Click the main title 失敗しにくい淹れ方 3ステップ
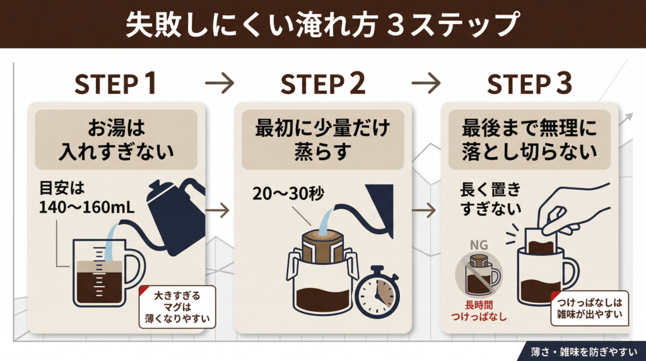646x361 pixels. click(322, 24)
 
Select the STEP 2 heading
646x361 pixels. click(321, 84)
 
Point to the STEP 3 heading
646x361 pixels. click(529, 84)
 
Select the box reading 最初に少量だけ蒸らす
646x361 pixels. click(322, 140)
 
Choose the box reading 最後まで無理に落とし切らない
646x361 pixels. click(529, 140)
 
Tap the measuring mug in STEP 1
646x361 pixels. click(104, 273)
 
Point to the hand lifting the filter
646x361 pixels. click(571, 211)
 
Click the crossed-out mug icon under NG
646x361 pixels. click(477, 275)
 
